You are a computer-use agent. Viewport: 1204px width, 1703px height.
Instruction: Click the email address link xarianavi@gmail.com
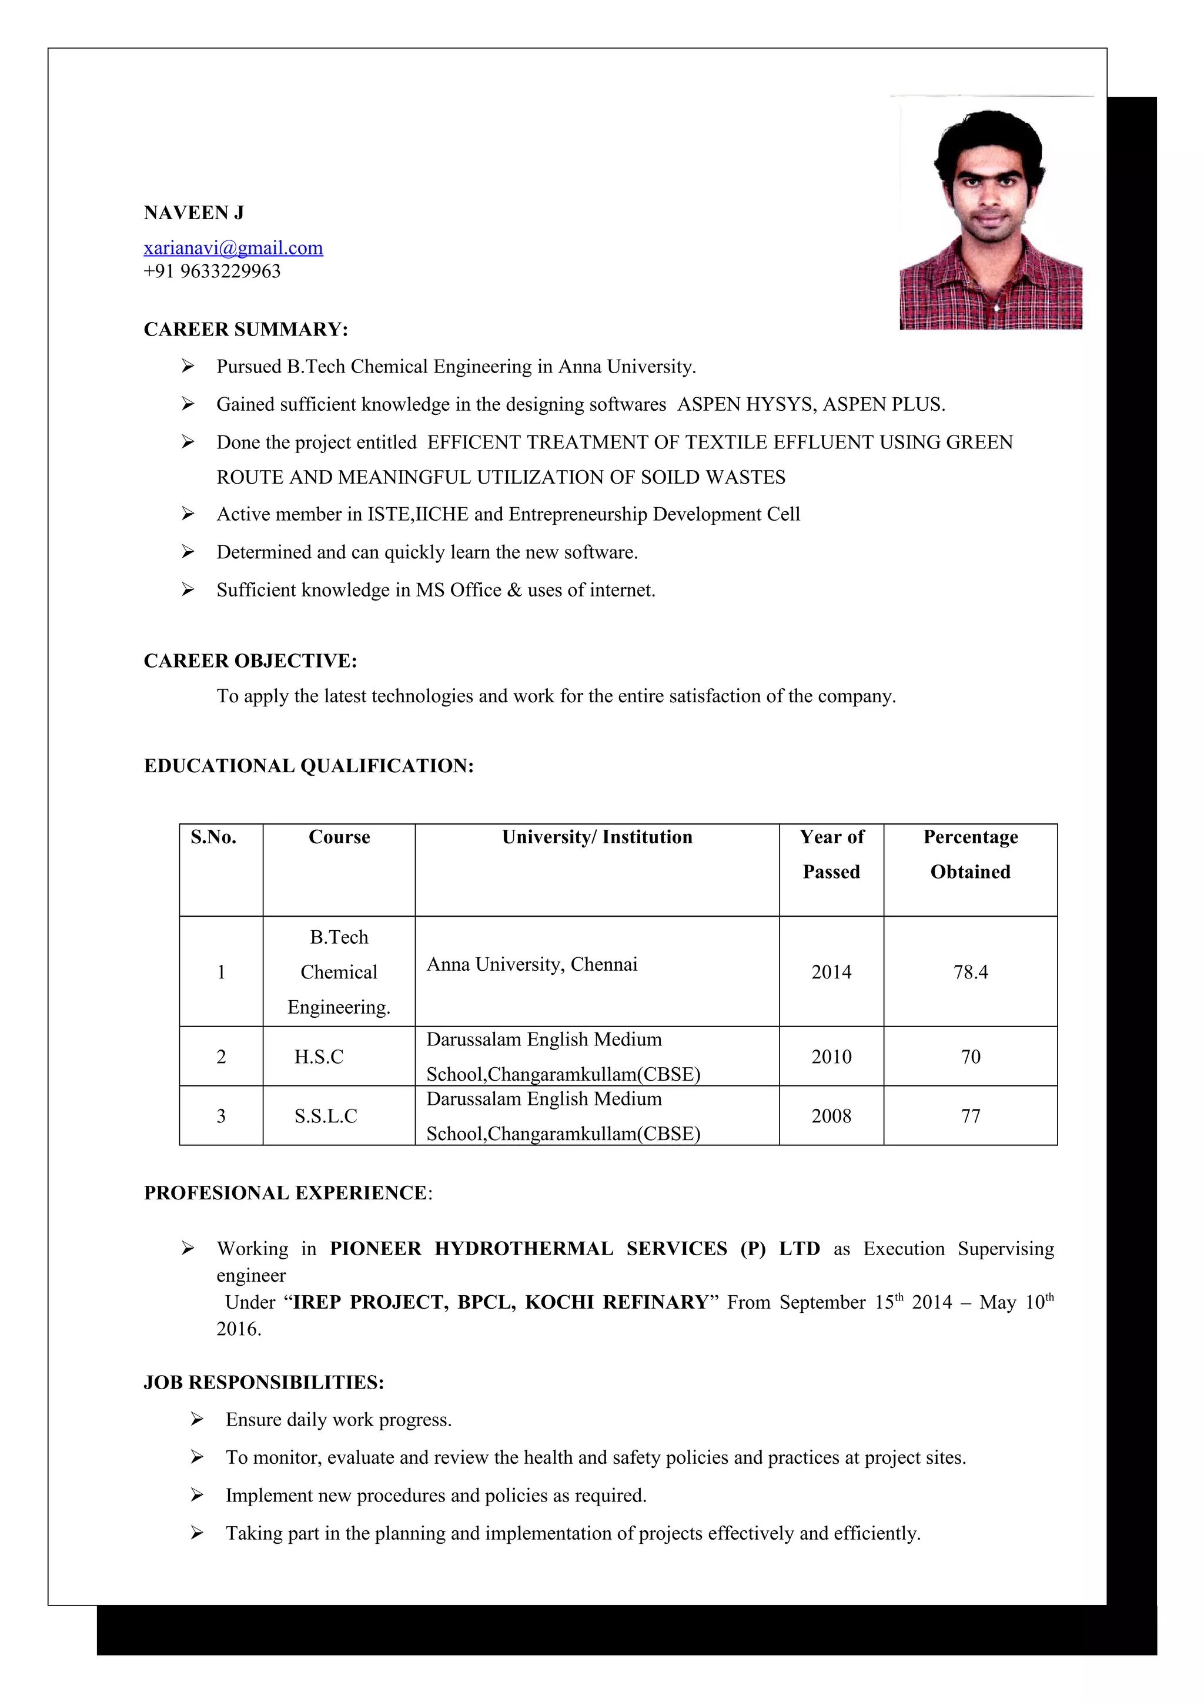233,248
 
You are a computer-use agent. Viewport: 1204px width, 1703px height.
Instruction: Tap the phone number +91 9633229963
212,271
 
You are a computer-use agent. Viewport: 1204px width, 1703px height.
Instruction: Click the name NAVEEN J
193,213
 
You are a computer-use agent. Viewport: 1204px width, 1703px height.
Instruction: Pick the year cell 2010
831,1056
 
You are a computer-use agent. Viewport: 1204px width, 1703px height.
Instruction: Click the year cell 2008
831,1115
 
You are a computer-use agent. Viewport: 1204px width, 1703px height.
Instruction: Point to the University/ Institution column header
597,837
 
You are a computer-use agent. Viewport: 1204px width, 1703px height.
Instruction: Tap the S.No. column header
213,837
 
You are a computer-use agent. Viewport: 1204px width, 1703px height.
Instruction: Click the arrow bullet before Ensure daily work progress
196,1420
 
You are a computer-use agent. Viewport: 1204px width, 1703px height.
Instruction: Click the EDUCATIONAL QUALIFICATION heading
309,766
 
